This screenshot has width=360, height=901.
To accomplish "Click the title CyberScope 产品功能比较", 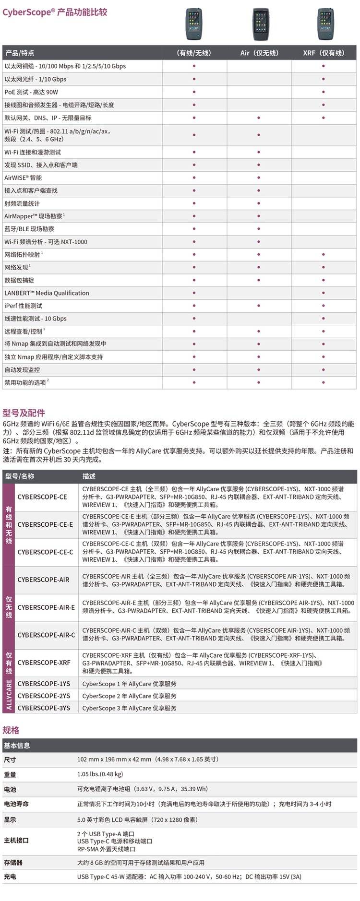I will click(x=55, y=12).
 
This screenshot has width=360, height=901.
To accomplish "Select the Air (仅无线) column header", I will click(x=259, y=53).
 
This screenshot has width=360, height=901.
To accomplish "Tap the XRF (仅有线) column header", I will click(x=324, y=53).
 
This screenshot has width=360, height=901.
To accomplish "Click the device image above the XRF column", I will click(x=324, y=24).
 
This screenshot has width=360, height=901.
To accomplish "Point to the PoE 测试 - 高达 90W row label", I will click(x=31, y=92).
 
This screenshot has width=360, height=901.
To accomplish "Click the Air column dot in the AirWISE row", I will click(x=259, y=178).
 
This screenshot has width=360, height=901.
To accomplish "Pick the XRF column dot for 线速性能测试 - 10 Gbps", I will click(x=324, y=319).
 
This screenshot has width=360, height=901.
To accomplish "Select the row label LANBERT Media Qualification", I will click(x=47, y=293).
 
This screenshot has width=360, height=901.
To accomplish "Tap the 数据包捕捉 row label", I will click(x=19, y=280).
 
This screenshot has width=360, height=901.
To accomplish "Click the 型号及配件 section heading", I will click(x=24, y=413).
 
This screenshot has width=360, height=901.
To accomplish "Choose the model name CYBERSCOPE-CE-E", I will click(x=45, y=524).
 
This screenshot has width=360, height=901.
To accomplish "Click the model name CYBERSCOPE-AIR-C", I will click(x=46, y=635).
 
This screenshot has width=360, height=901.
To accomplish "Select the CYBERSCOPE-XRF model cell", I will click(x=44, y=663).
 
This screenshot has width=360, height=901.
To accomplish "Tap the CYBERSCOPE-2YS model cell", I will click(x=44, y=696).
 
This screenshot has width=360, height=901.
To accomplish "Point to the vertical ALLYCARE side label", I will click(x=9, y=696).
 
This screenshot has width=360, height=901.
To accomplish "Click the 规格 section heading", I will click(x=11, y=730).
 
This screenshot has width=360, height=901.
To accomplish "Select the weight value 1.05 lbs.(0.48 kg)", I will click(x=100, y=774).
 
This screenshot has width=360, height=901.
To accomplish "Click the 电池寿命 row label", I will click(x=16, y=804).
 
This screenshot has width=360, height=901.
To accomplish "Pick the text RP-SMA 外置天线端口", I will click(x=106, y=849).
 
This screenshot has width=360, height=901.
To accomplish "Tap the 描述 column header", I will click(x=89, y=476).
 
